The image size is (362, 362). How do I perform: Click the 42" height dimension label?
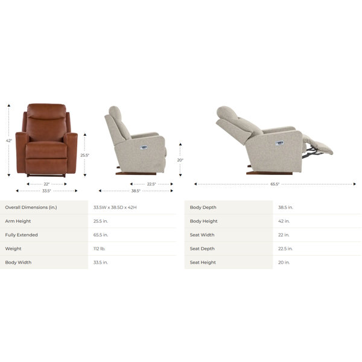click(9, 141)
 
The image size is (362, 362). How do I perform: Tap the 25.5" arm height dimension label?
click(84, 156)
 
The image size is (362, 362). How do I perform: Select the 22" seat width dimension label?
click(46, 184)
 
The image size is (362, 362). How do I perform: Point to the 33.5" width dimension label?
click(46, 191)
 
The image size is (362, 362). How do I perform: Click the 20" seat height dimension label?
click(180, 160)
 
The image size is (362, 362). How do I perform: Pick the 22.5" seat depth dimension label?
click(151, 184)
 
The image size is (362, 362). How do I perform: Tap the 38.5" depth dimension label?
click(136, 191)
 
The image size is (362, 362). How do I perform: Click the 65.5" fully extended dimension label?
click(275, 184)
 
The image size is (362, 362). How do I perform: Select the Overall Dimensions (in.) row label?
click(31, 208)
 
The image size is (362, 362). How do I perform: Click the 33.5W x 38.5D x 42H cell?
click(115, 208)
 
